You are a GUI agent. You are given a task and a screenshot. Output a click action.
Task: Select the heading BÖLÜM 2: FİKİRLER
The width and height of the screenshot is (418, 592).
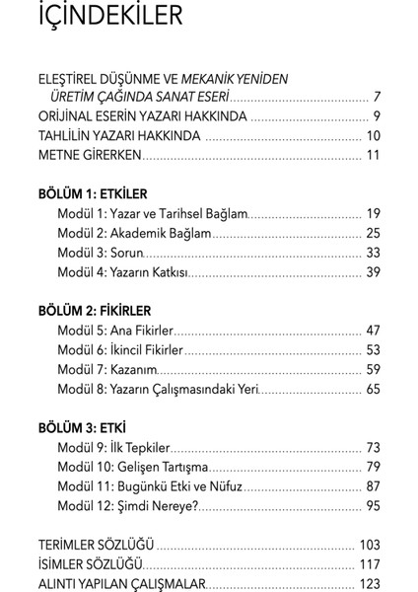pyautogui.click(x=96, y=310)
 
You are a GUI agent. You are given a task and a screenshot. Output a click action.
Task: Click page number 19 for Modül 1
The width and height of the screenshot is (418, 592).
pyautogui.click(x=373, y=213)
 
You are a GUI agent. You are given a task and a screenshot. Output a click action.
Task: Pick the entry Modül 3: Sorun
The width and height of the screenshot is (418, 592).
pyautogui.click(x=99, y=252)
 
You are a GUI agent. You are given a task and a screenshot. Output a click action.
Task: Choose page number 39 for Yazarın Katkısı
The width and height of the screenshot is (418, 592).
pyautogui.click(x=373, y=271)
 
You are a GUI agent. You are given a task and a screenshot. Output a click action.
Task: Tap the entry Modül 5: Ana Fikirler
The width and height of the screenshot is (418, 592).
pyautogui.click(x=114, y=330)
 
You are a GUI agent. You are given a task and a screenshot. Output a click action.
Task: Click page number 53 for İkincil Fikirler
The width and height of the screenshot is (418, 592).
pyautogui.click(x=373, y=349)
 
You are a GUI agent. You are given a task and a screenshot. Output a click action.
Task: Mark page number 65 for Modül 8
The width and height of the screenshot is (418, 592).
pyautogui.click(x=373, y=389)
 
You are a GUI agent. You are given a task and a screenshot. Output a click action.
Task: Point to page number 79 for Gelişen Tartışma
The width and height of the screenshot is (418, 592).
pyautogui.click(x=373, y=466)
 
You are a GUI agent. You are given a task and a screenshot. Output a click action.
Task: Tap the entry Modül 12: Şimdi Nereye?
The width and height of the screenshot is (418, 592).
pyautogui.click(x=128, y=505)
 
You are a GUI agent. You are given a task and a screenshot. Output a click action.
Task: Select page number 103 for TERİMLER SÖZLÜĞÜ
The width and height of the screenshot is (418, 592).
pyautogui.click(x=369, y=544)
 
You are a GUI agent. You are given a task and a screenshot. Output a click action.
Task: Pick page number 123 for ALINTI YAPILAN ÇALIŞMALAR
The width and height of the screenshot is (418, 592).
pyautogui.click(x=369, y=583)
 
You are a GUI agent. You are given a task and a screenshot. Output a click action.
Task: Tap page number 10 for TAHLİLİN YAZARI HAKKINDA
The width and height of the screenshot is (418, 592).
pyautogui.click(x=373, y=135)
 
